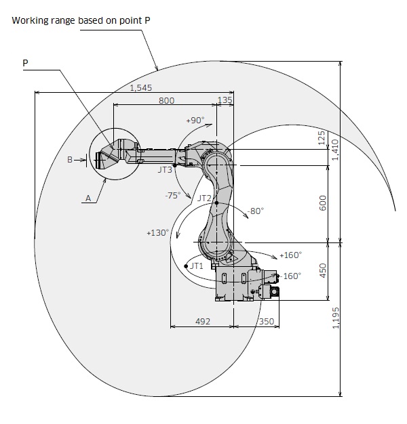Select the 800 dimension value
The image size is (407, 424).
[166, 100]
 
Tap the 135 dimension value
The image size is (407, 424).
[225, 100]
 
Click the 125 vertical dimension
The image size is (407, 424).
[322, 140]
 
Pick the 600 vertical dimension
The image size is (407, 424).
[322, 203]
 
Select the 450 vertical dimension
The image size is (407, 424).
[322, 270]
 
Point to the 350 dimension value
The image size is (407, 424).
[266, 321]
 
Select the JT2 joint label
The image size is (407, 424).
[204, 198]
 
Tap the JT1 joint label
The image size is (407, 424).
[196, 266]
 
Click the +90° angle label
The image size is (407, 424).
[195, 120]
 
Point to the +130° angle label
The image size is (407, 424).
[157, 232]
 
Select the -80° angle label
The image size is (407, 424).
[256, 211]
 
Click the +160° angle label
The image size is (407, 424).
[290, 255]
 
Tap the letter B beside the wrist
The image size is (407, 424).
[70, 160]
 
